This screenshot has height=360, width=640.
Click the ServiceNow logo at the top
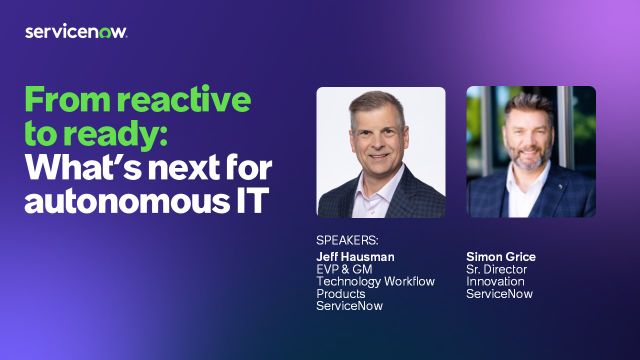76,32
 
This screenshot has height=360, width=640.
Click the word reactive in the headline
184,100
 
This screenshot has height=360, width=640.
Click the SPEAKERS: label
347,240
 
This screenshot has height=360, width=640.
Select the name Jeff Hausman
355,257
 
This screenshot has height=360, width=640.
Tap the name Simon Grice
501,257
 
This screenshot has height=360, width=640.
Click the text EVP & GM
344,269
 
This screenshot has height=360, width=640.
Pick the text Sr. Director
496,269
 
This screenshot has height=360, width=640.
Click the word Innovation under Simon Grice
495,282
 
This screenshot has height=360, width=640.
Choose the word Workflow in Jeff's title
409,282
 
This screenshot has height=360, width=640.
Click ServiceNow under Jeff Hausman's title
349,306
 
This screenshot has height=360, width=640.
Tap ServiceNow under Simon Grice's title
499,294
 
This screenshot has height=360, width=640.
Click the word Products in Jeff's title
340,294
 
